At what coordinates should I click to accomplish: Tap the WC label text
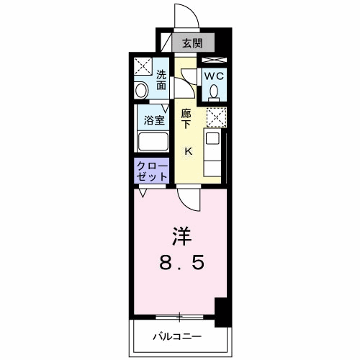(x=214, y=76)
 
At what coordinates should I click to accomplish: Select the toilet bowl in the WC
(x=215, y=91)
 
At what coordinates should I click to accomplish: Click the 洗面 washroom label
(x=161, y=79)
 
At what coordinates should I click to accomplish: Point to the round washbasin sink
(x=142, y=91)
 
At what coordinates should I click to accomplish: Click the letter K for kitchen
(x=188, y=150)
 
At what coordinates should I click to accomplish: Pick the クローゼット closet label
(x=152, y=171)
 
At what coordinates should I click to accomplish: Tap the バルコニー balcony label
(x=177, y=336)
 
